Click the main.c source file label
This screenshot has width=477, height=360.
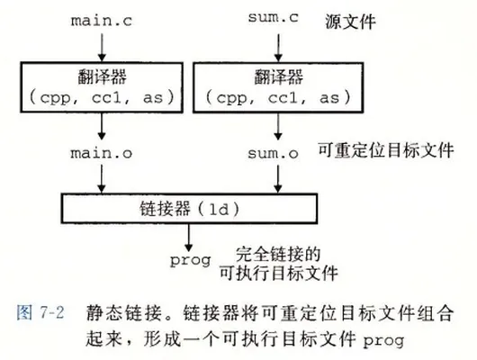(102, 21)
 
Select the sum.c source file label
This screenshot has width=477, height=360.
(274, 17)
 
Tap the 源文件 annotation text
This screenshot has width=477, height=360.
(350, 22)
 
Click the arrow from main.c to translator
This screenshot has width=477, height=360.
(102, 47)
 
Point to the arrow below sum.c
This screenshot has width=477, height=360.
(278, 47)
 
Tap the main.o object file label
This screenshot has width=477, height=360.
(102, 153)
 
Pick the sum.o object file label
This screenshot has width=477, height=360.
(273, 153)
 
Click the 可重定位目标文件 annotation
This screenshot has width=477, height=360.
(386, 150)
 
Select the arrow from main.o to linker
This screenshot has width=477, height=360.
(102, 179)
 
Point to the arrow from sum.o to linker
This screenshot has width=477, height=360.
(278, 179)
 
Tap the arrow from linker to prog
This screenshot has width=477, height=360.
(189, 238)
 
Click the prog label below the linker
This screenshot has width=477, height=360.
(191, 261)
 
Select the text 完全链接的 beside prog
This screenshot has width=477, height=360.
(278, 255)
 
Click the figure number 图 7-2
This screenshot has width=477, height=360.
(40, 312)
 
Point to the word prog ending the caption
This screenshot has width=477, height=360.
(383, 340)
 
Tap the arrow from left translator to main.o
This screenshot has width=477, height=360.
(102, 127)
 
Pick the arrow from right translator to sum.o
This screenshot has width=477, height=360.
(278, 127)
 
